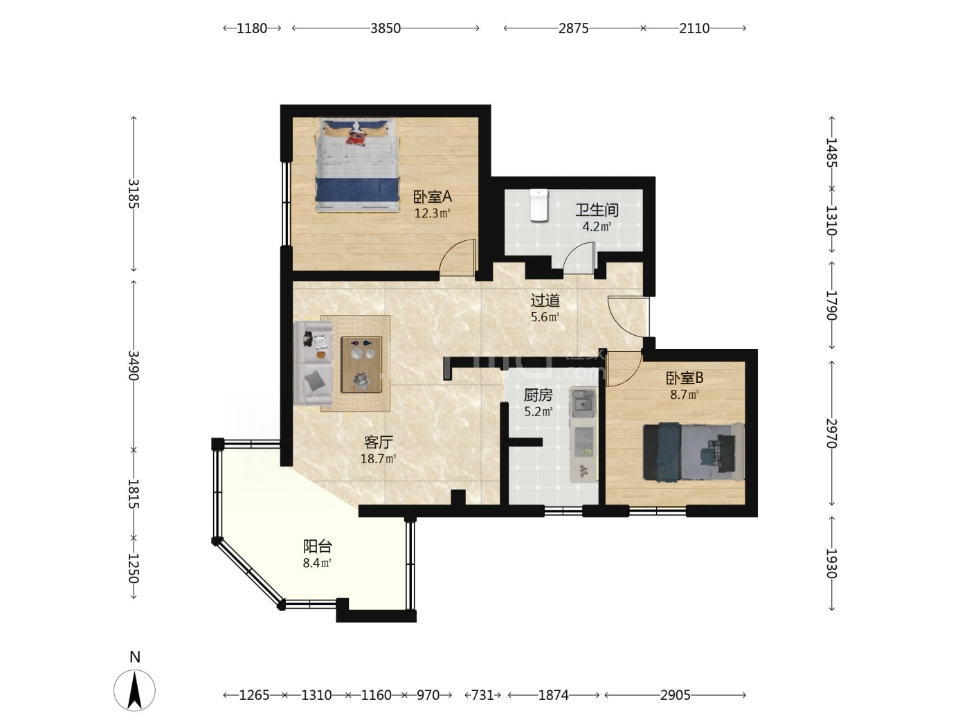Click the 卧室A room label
[432, 197]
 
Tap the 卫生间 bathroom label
[597, 210]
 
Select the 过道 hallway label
[545, 300]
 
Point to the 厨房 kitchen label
[538, 395]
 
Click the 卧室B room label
[685, 378]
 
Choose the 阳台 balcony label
[318, 546]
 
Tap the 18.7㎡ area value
[378, 458]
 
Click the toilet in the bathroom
[538, 205]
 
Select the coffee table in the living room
[361, 364]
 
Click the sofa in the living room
[314, 363]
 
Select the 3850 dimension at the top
[386, 28]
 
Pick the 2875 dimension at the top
[574, 28]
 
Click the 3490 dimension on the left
[134, 366]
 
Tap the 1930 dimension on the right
[831, 563]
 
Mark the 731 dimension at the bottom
[482, 695]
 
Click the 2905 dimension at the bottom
[675, 695]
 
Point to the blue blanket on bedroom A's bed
[358, 189]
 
